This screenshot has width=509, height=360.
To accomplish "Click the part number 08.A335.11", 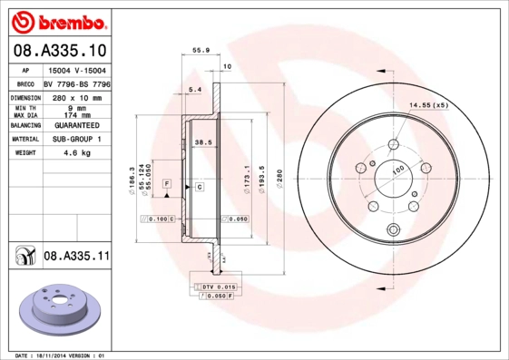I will tap(76, 258).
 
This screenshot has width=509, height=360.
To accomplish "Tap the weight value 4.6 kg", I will tap(78, 153).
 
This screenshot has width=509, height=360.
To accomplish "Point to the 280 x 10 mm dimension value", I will tap(78, 96).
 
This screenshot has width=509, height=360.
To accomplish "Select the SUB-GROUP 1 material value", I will tap(78, 139).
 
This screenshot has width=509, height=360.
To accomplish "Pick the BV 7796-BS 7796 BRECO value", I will tap(78, 83).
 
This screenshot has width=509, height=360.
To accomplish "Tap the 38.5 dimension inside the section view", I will tap(203, 142).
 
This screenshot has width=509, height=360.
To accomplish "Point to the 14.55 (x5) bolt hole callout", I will tap(429, 106).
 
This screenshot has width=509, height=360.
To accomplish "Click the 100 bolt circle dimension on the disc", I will tap(397, 170).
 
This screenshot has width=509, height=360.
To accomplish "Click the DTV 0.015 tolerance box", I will tap(214, 287).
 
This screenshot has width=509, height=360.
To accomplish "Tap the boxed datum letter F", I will tap(167, 184).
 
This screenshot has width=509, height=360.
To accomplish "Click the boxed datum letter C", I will tap(199, 187).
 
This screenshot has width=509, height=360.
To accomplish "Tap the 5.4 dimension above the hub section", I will tap(193, 89).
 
